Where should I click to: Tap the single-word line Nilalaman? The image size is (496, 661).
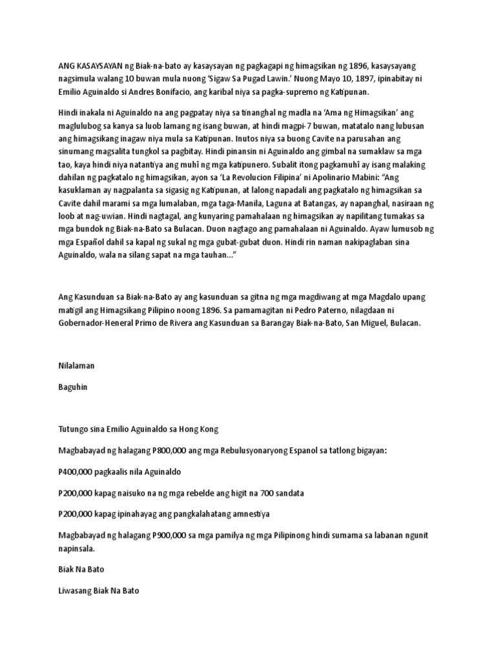(x=76, y=366)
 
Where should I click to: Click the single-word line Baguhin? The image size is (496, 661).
(x=72, y=389)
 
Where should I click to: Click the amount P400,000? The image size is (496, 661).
(x=77, y=471)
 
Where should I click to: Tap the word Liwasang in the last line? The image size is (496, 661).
(x=76, y=591)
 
